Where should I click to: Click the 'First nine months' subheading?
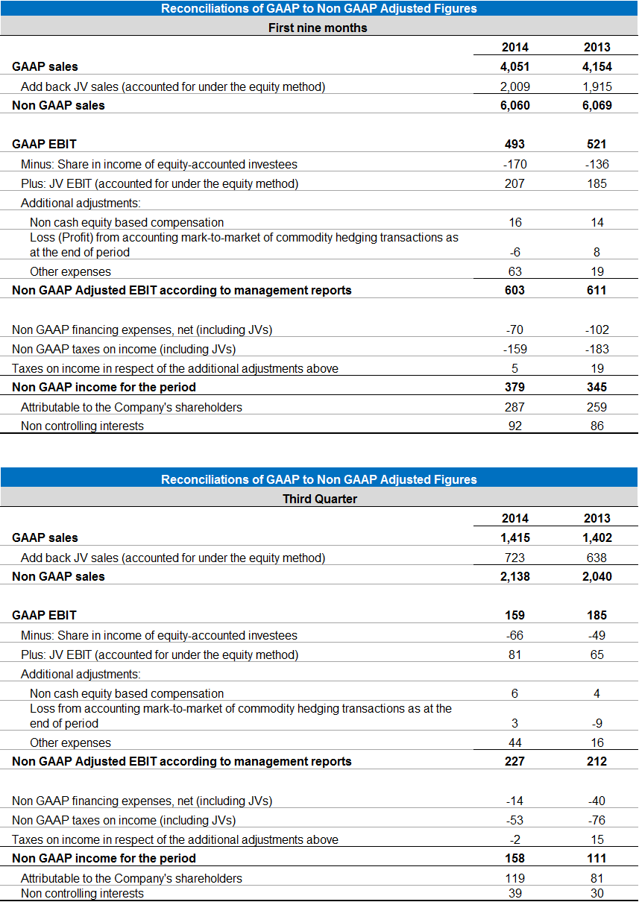pyautogui.click(x=318, y=28)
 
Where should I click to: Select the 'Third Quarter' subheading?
pyautogui.click(x=320, y=499)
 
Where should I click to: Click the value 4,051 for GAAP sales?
pyautogui.click(x=514, y=66)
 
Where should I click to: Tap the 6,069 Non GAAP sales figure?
pyautogui.click(x=596, y=106)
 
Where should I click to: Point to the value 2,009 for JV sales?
pyautogui.click(x=514, y=86)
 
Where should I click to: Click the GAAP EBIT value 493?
pyautogui.click(x=514, y=144)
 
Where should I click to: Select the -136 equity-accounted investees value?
pyautogui.click(x=596, y=164)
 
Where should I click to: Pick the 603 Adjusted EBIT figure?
pyautogui.click(x=514, y=290)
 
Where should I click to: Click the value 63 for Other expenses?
pyautogui.click(x=515, y=271)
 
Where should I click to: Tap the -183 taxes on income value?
pyautogui.click(x=596, y=349)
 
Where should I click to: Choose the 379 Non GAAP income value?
pyautogui.click(x=514, y=387)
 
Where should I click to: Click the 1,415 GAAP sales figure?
pyautogui.click(x=515, y=537)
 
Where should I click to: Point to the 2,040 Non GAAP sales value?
pyautogui.click(x=596, y=576)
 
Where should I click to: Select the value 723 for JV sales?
pyautogui.click(x=514, y=558)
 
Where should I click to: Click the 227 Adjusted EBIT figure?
pyautogui.click(x=514, y=761)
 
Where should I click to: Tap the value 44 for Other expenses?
pyautogui.click(x=515, y=742)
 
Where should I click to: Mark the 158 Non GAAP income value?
pyautogui.click(x=514, y=858)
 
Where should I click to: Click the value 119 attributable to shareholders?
pyautogui.click(x=514, y=878)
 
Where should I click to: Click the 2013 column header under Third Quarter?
pyautogui.click(x=596, y=518)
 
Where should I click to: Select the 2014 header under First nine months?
pyautogui.click(x=515, y=47)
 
